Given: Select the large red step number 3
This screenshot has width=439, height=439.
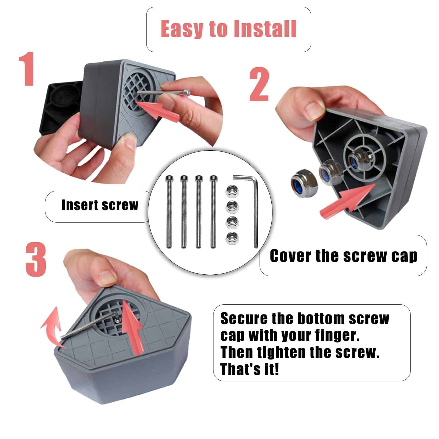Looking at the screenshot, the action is pos(36,260).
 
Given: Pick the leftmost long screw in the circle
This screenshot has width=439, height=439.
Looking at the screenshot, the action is pos(169,212).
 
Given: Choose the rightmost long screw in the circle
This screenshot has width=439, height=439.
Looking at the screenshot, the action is pos(213,212).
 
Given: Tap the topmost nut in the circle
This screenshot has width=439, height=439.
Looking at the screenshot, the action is pos(232,190).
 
